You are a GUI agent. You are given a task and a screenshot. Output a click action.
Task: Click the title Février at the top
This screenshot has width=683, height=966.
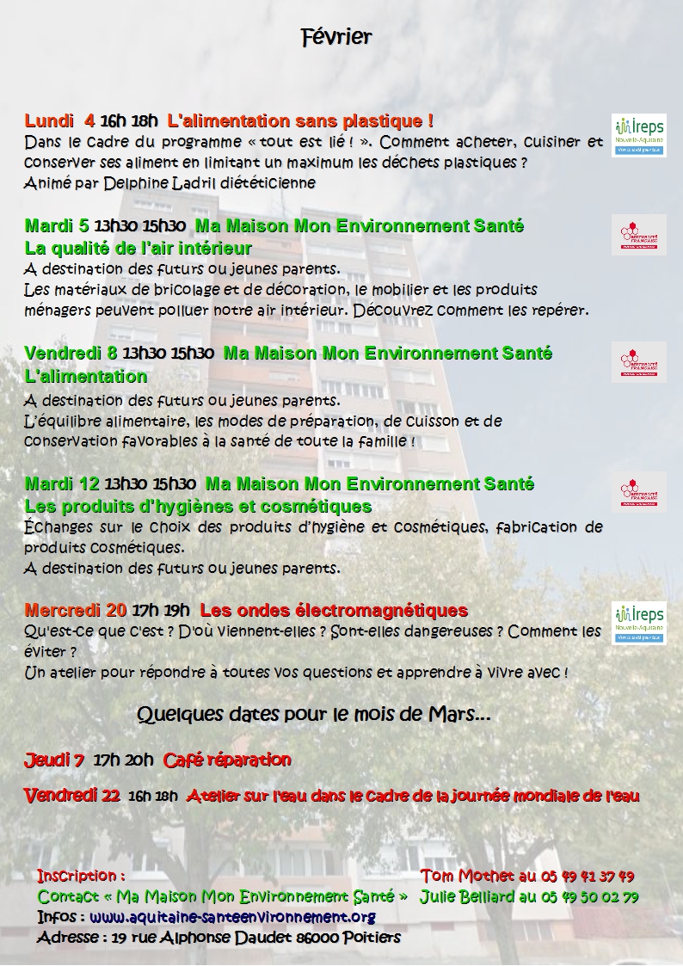336,36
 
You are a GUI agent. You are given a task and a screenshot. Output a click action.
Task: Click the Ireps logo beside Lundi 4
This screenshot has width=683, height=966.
638,135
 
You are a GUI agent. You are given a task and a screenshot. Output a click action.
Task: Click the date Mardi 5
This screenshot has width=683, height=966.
57,226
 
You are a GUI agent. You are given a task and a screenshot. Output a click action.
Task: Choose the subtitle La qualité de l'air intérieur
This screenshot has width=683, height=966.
138,249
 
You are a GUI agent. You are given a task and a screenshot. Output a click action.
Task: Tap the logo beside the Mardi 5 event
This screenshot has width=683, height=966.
638,234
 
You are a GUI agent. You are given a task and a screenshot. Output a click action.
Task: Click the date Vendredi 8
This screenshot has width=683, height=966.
71,353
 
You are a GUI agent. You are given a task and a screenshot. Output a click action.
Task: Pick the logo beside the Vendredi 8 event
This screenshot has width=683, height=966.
638,361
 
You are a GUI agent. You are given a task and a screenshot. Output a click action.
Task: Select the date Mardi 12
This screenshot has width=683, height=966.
62,483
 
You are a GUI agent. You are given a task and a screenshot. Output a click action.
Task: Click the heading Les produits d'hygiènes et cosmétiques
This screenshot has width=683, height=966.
198,506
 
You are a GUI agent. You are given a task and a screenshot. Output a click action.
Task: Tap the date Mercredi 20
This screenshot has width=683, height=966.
76,611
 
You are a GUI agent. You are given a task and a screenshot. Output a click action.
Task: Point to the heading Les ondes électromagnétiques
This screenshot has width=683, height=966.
334,611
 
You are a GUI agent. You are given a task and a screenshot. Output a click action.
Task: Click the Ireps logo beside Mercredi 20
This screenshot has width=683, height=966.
638,624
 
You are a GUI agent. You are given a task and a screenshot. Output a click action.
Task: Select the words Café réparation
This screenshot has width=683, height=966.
227,760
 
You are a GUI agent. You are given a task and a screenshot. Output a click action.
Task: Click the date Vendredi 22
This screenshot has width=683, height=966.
71,796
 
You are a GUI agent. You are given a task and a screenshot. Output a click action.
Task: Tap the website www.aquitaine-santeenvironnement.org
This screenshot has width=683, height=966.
232,916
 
